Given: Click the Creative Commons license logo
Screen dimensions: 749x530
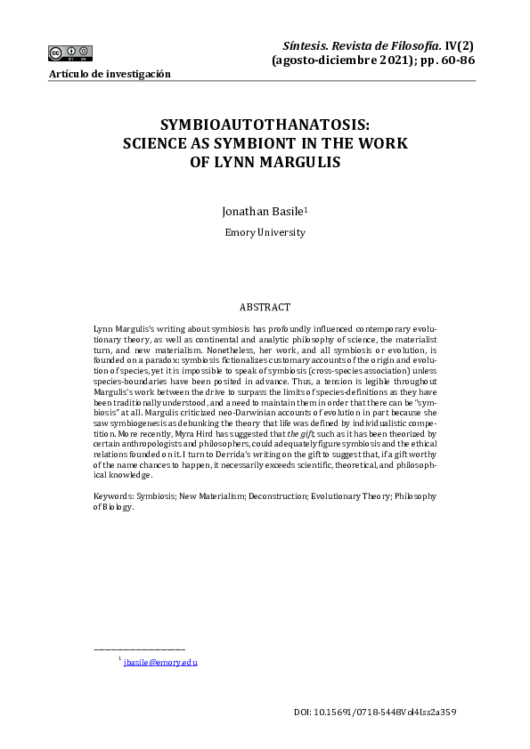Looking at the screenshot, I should point(71,52).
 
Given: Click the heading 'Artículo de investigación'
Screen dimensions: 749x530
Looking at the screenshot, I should point(110,74).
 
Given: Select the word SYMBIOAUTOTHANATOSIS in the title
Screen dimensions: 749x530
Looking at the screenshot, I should point(265,126).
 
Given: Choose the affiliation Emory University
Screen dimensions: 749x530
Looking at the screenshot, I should point(265,232).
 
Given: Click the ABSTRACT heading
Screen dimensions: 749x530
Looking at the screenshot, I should point(265,307).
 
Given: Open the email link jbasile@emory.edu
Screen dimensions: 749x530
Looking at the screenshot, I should point(160,663).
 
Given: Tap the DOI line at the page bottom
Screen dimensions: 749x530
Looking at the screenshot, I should point(375,713).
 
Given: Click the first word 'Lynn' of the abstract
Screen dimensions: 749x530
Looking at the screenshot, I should point(103,328).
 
